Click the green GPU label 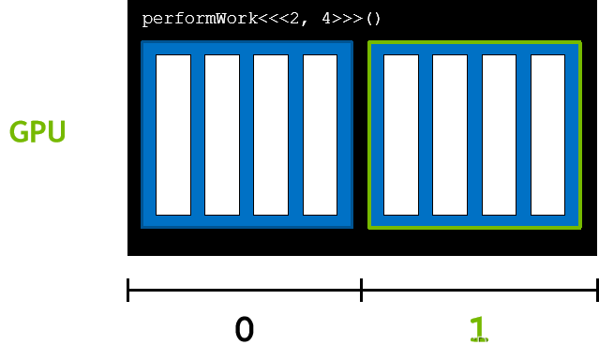(x=37, y=131)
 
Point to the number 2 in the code (x=297, y=19)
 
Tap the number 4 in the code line (x=325, y=19)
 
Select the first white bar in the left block (x=173, y=134)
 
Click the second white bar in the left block (x=222, y=134)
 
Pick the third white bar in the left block (x=271, y=134)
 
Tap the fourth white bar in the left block (x=320, y=134)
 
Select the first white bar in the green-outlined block (x=400, y=134)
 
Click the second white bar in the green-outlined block (x=449, y=134)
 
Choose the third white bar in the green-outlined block (x=499, y=134)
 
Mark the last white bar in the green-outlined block (x=547, y=134)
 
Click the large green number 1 (x=478, y=328)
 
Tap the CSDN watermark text (x=475, y=343)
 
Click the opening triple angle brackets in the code (x=267, y=19)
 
